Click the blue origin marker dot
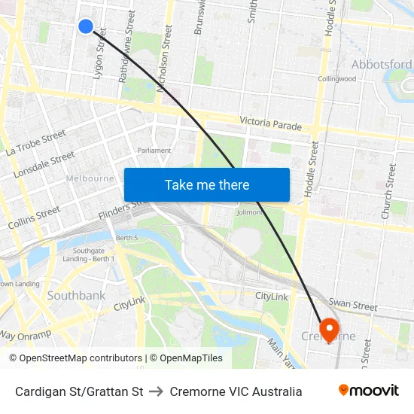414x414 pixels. pyautogui.click(x=86, y=26)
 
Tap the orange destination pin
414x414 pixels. pyautogui.click(x=329, y=329)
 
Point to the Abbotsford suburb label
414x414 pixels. pyautogui.click(x=381, y=65)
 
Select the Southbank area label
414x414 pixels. pyautogui.click(x=76, y=296)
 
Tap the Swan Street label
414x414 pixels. pyautogui.click(x=353, y=306)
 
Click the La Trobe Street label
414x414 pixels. pyautogui.click(x=35, y=143)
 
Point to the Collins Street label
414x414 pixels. pyautogui.click(x=34, y=218)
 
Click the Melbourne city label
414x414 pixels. pyautogui.click(x=90, y=178)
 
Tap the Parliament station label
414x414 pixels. pyautogui.click(x=154, y=151)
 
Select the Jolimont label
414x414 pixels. pyautogui.click(x=249, y=212)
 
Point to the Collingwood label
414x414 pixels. pyautogui.click(x=336, y=79)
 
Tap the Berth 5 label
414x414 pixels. pyautogui.click(x=127, y=238)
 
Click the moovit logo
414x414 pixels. pyautogui.click(x=368, y=391)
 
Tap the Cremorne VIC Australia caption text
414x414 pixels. pyautogui.click(x=236, y=391)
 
